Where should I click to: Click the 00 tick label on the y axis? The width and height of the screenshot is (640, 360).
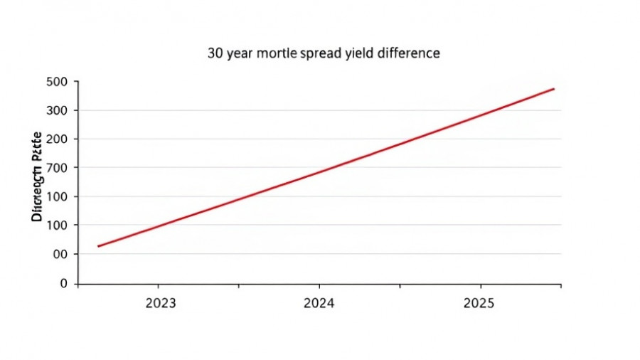click(60, 254)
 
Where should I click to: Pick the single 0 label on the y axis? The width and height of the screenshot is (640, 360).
click(64, 283)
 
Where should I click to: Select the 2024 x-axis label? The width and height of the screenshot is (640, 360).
click(319, 303)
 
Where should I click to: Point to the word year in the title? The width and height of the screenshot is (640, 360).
click(240, 54)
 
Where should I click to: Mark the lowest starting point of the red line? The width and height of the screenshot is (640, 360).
click(98, 246)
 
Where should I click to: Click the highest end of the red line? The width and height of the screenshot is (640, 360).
click(554, 89)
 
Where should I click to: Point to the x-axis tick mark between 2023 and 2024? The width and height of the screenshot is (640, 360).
click(239, 286)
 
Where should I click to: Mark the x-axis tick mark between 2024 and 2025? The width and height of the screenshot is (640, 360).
click(400, 286)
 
